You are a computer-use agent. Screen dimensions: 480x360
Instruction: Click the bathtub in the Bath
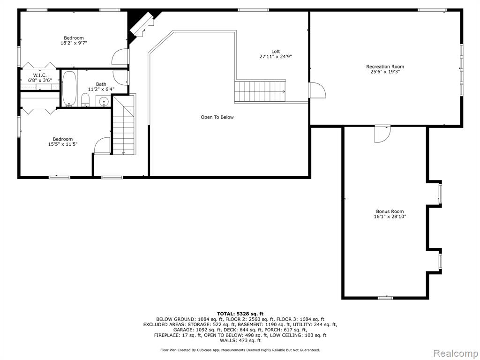click(x=69, y=89)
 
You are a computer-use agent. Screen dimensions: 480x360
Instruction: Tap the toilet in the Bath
click(x=85, y=100)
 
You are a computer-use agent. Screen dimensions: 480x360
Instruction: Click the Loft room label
click(x=276, y=52)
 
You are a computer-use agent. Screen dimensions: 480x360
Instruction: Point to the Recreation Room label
click(x=385, y=67)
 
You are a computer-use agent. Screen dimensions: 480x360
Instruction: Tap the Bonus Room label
click(x=390, y=211)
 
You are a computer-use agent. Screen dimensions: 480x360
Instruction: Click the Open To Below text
click(x=217, y=117)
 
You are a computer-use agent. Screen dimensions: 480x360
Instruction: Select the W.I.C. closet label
click(x=40, y=75)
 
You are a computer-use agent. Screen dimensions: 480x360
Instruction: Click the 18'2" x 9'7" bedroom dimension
click(x=74, y=43)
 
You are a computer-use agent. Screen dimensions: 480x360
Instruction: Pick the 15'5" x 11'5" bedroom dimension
click(x=63, y=144)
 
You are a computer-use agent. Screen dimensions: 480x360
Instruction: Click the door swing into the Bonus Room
click(x=383, y=135)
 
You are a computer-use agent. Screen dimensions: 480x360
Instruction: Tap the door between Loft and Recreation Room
click(x=317, y=90)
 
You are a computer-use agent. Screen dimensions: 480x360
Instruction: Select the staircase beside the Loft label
click(x=260, y=91)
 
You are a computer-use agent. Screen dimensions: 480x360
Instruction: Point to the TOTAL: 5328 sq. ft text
click(x=240, y=314)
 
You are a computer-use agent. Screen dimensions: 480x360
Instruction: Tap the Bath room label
click(x=101, y=84)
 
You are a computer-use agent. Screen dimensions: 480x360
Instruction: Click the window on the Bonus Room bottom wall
click(x=385, y=298)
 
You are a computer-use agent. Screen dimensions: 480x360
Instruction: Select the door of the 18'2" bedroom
click(x=120, y=57)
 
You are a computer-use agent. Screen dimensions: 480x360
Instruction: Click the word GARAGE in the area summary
click(x=183, y=330)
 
